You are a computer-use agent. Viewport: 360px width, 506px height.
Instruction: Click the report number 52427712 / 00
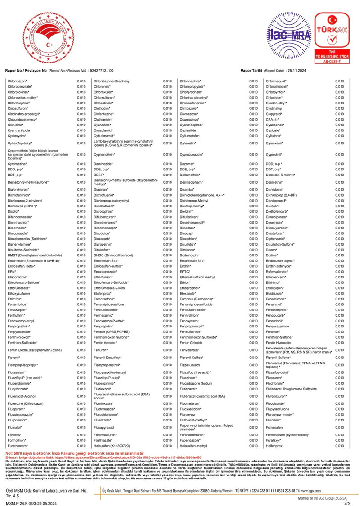pos(102,71)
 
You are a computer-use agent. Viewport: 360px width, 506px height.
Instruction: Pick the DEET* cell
pos(99,175)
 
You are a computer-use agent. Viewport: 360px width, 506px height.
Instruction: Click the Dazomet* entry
pos(187,164)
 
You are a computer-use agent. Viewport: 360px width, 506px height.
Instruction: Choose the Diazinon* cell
pos(101,190)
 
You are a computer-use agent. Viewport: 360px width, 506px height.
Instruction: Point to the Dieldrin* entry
pos(186,211)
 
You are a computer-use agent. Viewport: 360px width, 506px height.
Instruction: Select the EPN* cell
pos(12,272)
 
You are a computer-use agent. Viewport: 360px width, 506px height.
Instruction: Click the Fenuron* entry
pos(101,350)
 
